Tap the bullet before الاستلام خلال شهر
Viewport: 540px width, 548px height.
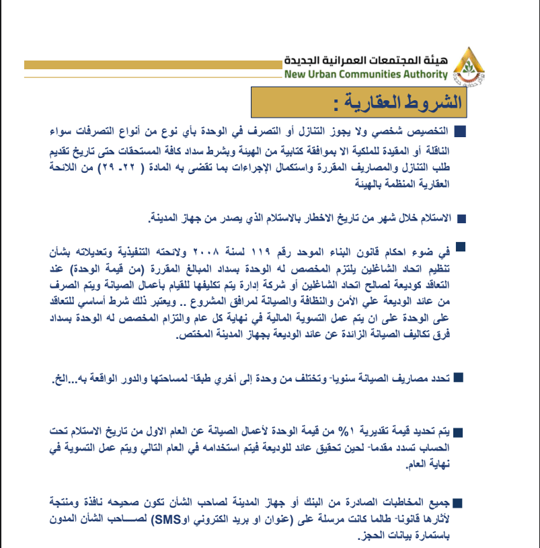(x=461, y=219)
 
